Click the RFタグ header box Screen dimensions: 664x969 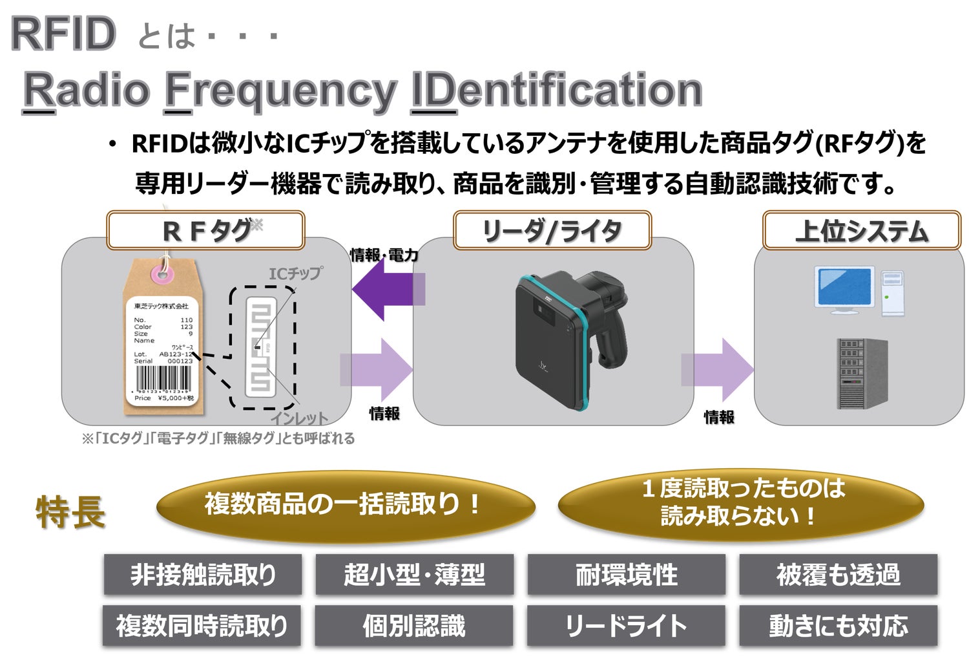point(205,231)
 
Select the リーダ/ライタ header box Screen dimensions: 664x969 point(552,231)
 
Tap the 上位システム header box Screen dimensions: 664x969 point(861,231)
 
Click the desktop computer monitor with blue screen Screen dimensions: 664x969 point(846,289)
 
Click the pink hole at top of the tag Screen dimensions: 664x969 point(162,274)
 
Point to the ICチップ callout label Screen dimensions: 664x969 point(295,273)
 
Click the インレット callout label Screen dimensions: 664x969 point(299,418)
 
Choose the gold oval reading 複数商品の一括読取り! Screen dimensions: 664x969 point(345,505)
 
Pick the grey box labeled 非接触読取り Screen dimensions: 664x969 point(203,574)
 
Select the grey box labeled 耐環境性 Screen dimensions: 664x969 point(626,574)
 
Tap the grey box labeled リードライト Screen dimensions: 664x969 point(626,625)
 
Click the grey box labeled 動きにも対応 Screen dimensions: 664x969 point(838,625)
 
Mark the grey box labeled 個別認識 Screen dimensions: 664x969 point(414,625)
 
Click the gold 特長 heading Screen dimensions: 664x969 point(70,512)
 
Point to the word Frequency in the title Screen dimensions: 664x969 point(280,91)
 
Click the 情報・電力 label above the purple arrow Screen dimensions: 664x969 point(384,255)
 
